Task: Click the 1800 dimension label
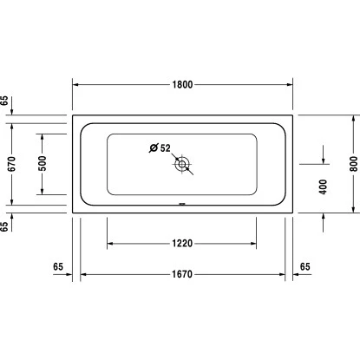click(182, 84)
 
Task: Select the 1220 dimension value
click(181, 244)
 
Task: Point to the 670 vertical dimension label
click(12, 160)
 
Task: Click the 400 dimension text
click(324, 186)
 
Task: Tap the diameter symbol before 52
click(154, 147)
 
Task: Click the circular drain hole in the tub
click(183, 162)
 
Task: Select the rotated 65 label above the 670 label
click(6, 101)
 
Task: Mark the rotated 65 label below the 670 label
click(6, 226)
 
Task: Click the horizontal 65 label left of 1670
click(58, 265)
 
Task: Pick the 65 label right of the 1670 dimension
click(304, 265)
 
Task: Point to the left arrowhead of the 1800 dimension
click(75, 85)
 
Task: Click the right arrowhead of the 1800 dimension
click(290, 85)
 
